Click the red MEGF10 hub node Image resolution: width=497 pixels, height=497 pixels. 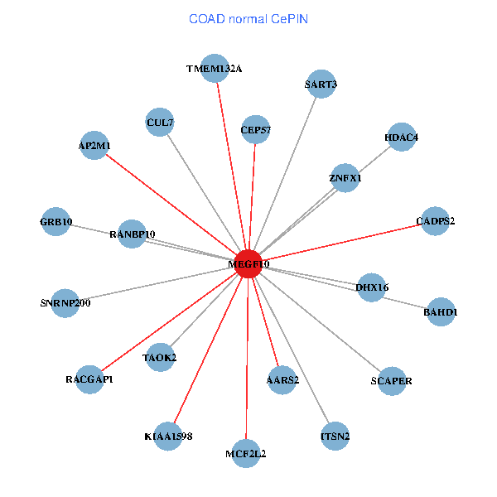(248, 263)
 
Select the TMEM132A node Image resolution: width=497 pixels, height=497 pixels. (215, 68)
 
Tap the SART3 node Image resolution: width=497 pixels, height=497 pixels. (321, 84)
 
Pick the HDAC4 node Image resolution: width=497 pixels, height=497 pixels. (401, 137)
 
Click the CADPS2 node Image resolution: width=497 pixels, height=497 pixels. (435, 221)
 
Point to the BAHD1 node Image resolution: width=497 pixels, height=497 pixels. (441, 312)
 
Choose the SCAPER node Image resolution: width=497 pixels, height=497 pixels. (392, 381)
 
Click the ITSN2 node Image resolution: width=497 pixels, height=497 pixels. (335, 437)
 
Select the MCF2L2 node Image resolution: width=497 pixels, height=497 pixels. (246, 454)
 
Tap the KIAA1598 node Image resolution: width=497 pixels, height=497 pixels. (168, 437)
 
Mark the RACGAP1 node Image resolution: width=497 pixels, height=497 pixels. (89, 379)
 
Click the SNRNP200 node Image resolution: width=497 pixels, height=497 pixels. (65, 303)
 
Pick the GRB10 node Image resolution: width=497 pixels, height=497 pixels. (55, 221)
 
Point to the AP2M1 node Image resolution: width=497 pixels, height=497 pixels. (94, 145)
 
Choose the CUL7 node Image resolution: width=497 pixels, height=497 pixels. (160, 122)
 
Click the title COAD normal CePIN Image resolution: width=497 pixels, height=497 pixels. (248, 19)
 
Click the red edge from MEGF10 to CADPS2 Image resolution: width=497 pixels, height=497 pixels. (341, 243)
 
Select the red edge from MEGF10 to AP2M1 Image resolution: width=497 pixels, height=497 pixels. (171, 205)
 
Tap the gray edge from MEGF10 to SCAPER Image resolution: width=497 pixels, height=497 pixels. (320, 322)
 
